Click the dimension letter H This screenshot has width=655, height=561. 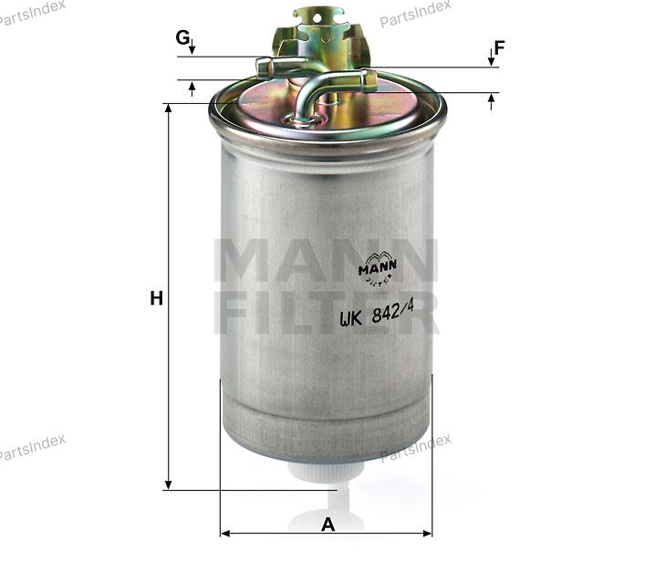157,298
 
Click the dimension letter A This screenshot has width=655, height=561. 327,525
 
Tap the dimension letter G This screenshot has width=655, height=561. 182,37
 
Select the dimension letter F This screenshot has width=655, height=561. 500,47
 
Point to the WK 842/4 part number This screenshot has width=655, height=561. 377,313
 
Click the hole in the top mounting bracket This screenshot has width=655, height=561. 317,18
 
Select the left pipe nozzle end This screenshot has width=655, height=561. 263,68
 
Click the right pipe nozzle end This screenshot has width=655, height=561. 369,80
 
